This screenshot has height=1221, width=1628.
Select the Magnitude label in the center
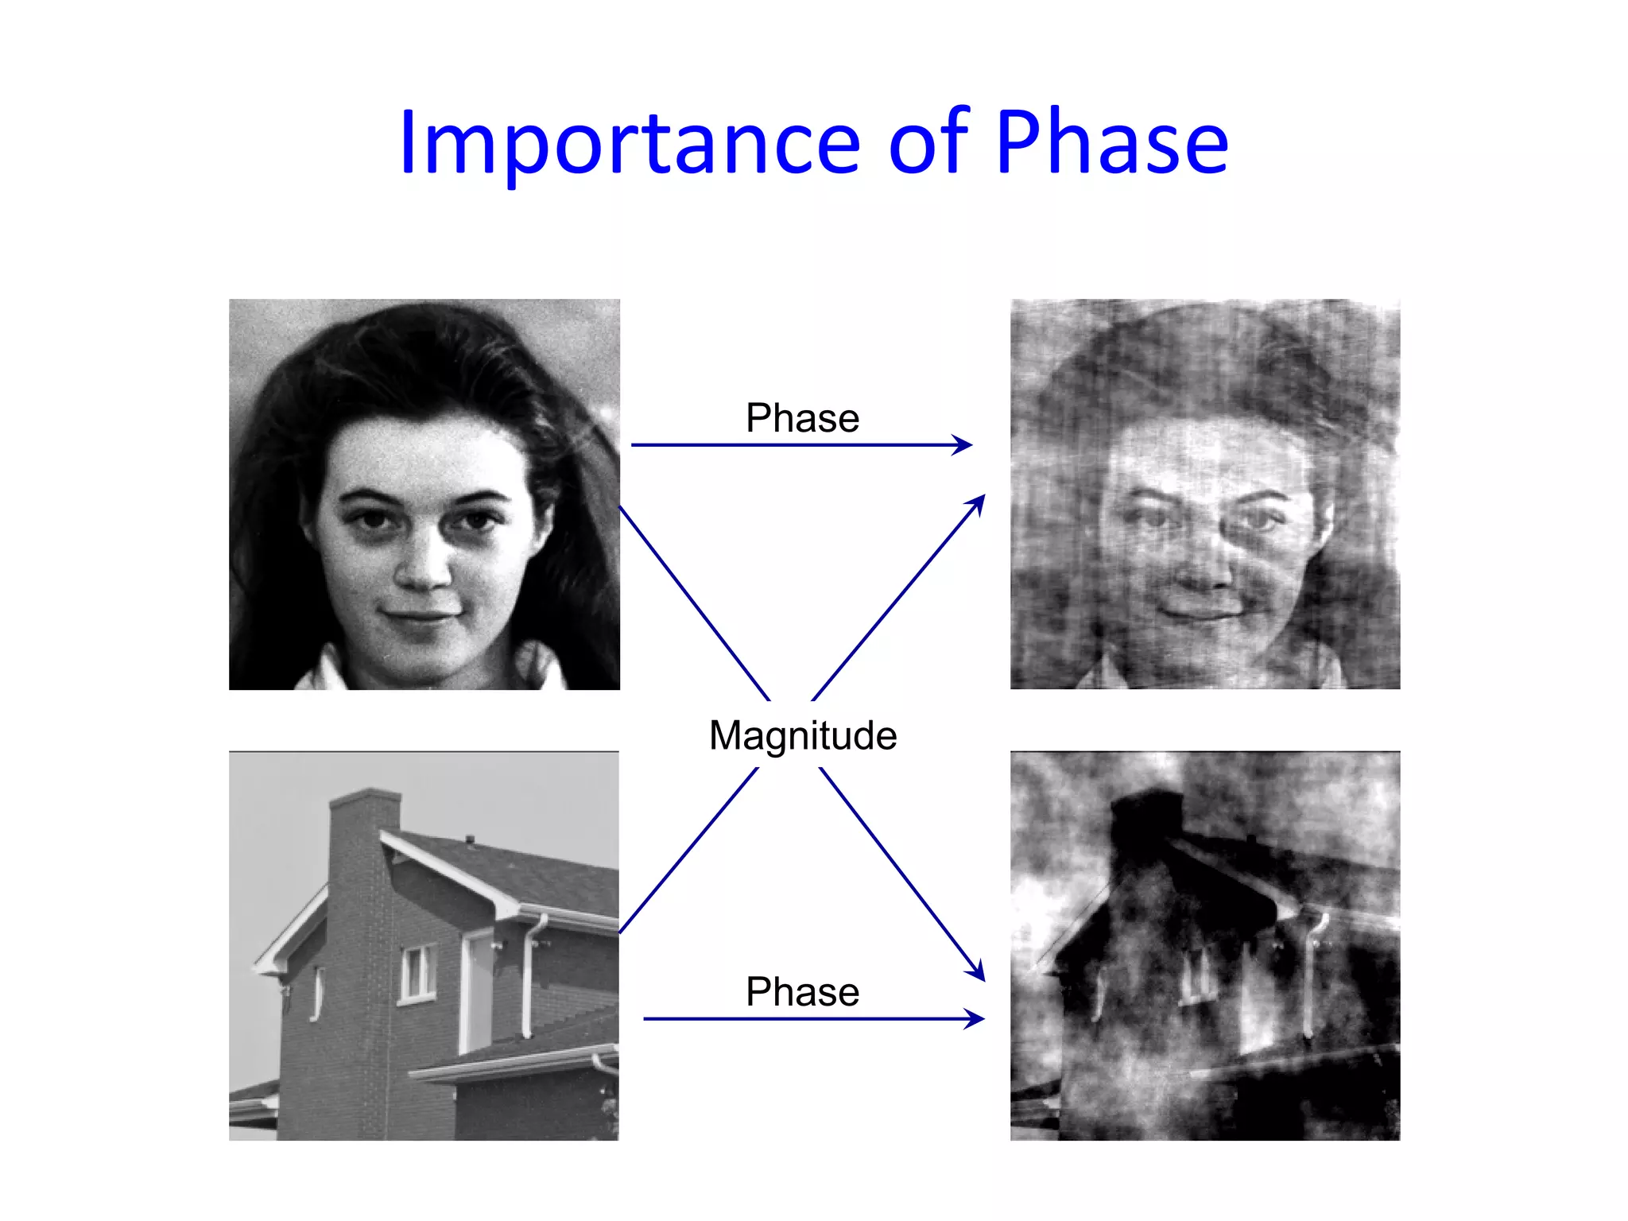coord(803,735)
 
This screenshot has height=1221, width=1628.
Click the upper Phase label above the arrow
coord(802,418)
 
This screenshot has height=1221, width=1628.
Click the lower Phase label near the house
coord(802,992)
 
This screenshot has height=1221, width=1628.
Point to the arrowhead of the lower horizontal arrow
coord(976,1019)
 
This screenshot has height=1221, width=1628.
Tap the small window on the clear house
coord(417,972)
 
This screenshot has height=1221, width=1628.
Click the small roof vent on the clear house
coord(470,839)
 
